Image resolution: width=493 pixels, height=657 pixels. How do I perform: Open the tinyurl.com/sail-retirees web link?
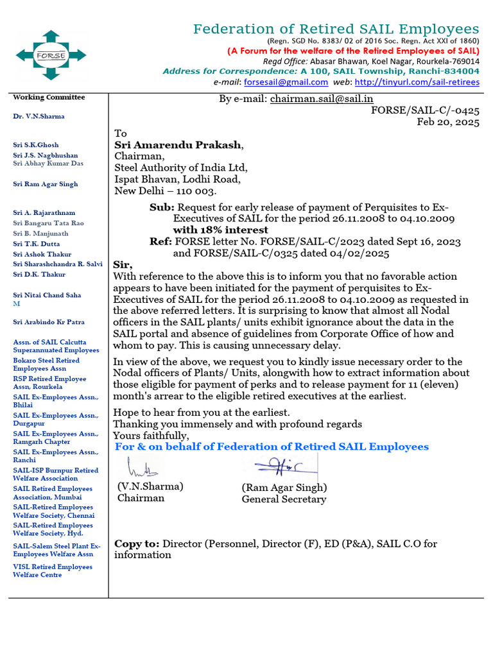tap(417, 82)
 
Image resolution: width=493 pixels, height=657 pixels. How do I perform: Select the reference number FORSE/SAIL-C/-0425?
tap(425, 110)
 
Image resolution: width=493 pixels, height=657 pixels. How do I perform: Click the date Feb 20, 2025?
tap(448, 122)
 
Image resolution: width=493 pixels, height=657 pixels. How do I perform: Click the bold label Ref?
tap(160, 241)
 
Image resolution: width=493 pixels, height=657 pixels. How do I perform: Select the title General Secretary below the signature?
tap(284, 499)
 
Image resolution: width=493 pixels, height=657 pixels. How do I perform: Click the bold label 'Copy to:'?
tap(137, 543)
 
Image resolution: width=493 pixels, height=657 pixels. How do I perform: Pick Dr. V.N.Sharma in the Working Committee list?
tap(39, 116)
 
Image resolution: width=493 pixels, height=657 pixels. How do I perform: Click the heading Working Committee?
tap(49, 98)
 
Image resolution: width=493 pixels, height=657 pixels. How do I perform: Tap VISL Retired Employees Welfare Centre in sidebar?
tap(53, 570)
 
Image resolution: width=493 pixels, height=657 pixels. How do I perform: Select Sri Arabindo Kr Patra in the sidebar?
tap(49, 322)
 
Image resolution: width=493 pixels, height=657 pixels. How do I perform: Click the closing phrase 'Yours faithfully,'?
tap(151, 436)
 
